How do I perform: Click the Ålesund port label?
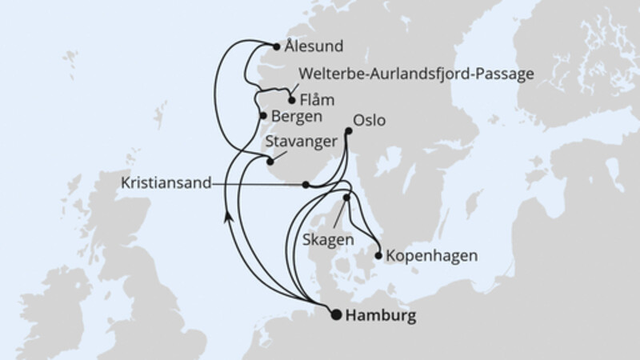pos(314,46)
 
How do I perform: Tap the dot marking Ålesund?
pos(277,46)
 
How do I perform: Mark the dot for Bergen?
pos(262,116)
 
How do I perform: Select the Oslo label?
pos(369,121)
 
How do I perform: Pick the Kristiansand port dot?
pos(306,184)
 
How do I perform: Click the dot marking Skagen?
pos(346,197)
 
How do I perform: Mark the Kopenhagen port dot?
pos(378,256)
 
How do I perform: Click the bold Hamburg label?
pos(382,316)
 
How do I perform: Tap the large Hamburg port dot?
pos(337,314)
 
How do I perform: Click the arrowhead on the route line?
pos(228,215)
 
